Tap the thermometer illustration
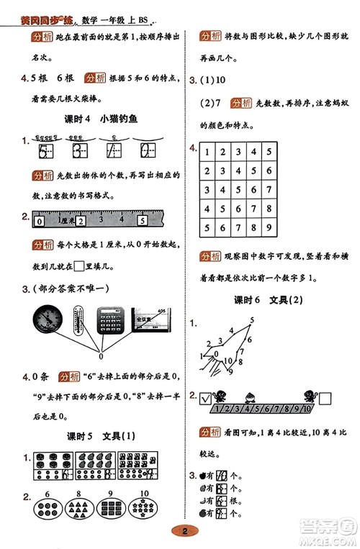pyautogui.click(x=79, y=319)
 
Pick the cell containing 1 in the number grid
pyautogui.click(x=207, y=153)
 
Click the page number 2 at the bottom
pyautogui.click(x=185, y=532)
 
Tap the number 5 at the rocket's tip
pyautogui.click(x=252, y=320)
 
